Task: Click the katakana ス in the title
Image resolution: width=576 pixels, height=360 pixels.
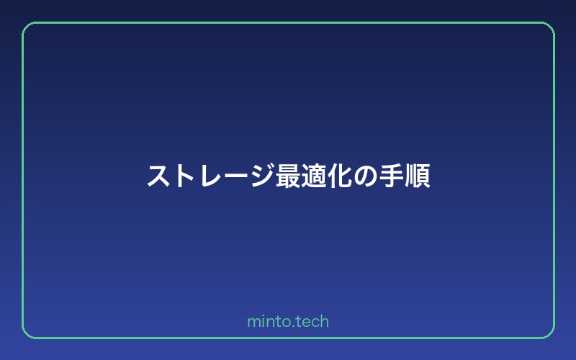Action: pos(158,176)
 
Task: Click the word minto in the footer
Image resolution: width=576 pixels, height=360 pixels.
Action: pos(266,322)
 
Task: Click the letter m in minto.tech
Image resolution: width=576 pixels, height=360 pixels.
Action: pos(253,323)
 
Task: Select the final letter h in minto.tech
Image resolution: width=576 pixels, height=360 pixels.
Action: pos(325,322)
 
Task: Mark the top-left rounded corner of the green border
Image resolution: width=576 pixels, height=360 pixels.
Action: pos(27,27)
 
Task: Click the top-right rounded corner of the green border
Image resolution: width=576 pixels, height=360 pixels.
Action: pos(549,27)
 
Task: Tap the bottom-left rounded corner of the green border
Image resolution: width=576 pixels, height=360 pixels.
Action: pos(27,333)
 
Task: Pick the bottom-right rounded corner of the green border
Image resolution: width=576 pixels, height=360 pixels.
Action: pos(549,333)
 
